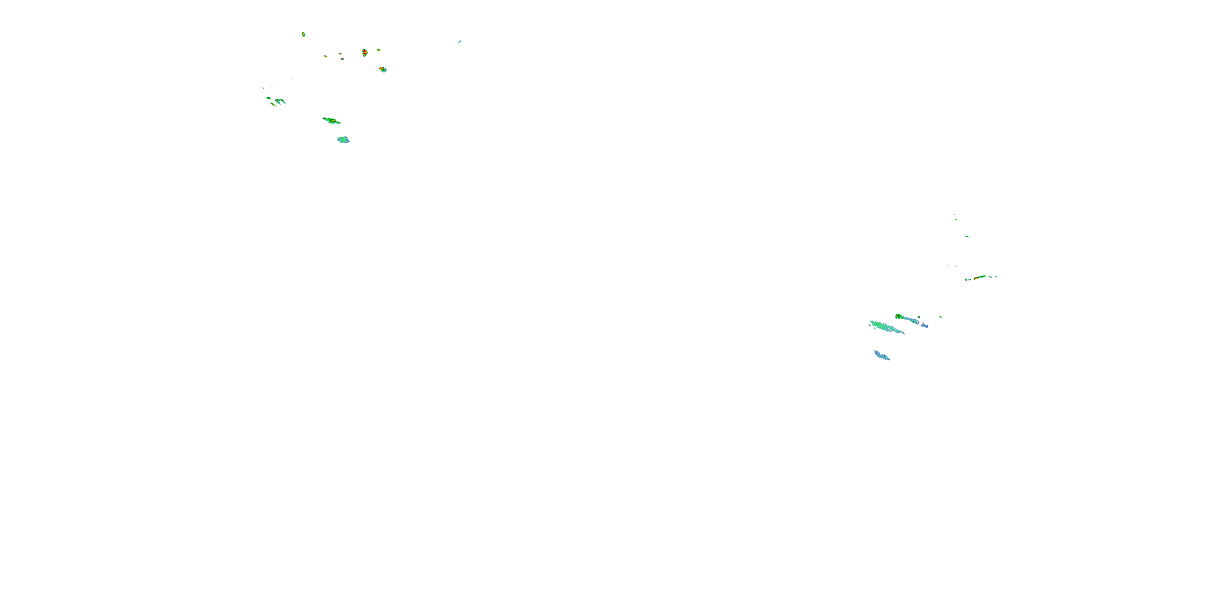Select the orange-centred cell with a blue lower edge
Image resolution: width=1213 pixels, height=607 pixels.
[382, 69]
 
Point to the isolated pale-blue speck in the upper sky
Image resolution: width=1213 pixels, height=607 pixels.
[459, 41]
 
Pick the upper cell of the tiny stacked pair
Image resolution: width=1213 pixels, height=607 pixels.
[340, 53]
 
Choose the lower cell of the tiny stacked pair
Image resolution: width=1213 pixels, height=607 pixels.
[342, 59]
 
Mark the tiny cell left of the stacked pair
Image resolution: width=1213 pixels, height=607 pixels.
[325, 56]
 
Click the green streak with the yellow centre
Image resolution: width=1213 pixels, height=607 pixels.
[331, 121]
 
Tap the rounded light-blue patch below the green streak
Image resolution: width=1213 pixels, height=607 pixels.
[343, 140]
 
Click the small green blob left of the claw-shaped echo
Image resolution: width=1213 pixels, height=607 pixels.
[268, 98]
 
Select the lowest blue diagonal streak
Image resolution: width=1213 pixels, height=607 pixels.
[881, 355]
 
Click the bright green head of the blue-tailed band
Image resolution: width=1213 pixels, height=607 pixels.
[898, 316]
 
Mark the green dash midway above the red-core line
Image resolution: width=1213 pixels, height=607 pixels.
[967, 237]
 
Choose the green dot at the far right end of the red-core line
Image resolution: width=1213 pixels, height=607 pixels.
[996, 277]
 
